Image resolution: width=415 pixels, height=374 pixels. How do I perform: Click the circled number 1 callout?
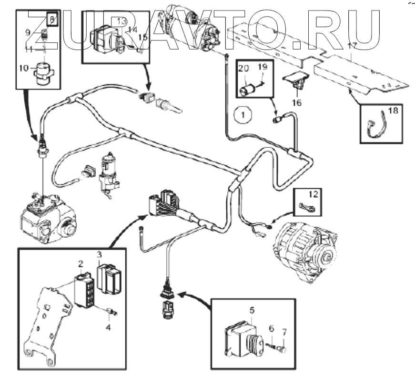pos(243,114)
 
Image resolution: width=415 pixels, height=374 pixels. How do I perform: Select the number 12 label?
pos(313,194)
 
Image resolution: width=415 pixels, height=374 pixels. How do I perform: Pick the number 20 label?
pos(244,69)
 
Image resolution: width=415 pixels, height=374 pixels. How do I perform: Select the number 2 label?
pos(81,263)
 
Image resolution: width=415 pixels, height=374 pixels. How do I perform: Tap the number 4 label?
pos(108,327)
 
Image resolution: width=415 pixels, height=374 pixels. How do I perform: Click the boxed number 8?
pos(53,20)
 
